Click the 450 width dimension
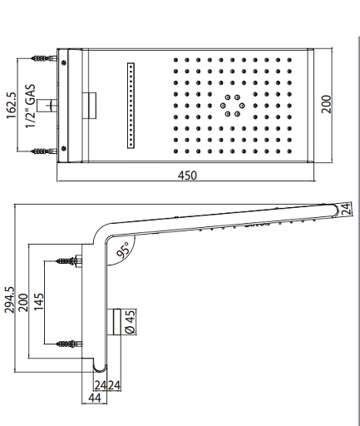pos(187,176)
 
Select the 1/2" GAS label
pos(31,106)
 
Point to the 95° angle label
pos(123,250)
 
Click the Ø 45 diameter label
pos(131,321)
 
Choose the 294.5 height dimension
pos(9,300)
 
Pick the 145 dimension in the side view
pos(39,301)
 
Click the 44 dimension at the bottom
pos(95,398)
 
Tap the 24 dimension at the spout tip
pos(347,209)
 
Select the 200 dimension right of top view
pos(326,104)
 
